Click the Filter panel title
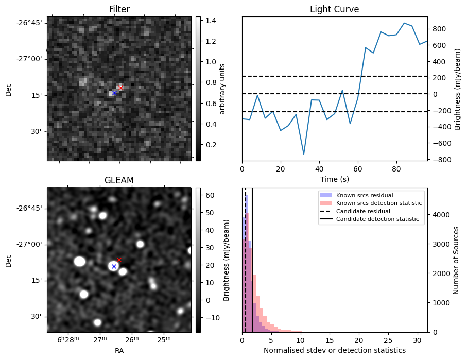point(119,9)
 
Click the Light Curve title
point(334,9)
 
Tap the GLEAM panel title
point(119,180)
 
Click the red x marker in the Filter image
point(120,88)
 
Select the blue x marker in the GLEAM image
point(114,266)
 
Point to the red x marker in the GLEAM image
point(119,260)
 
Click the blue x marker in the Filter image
point(114,93)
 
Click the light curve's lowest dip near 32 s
point(304,154)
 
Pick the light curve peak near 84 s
point(404,23)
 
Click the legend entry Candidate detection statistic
point(378,219)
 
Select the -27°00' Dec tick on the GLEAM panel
point(30,244)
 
